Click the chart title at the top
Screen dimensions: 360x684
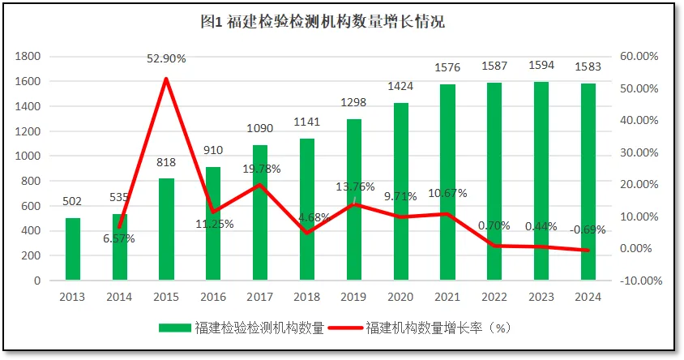pos(323,22)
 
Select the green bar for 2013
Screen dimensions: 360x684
pos(73,249)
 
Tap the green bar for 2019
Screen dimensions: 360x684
pos(354,199)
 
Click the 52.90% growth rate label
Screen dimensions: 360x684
pos(166,58)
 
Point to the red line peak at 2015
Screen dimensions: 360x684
pos(166,79)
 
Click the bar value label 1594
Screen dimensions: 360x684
pos(541,66)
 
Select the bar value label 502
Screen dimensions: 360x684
pos(73,202)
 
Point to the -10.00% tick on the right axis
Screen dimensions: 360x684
pos(639,281)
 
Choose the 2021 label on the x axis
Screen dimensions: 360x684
pos(448,297)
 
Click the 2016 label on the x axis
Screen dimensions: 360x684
pos(213,297)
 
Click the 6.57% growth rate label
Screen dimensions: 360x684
pos(118,238)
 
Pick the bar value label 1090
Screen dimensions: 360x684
pos(260,128)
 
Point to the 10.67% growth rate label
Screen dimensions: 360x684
pos(447,193)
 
